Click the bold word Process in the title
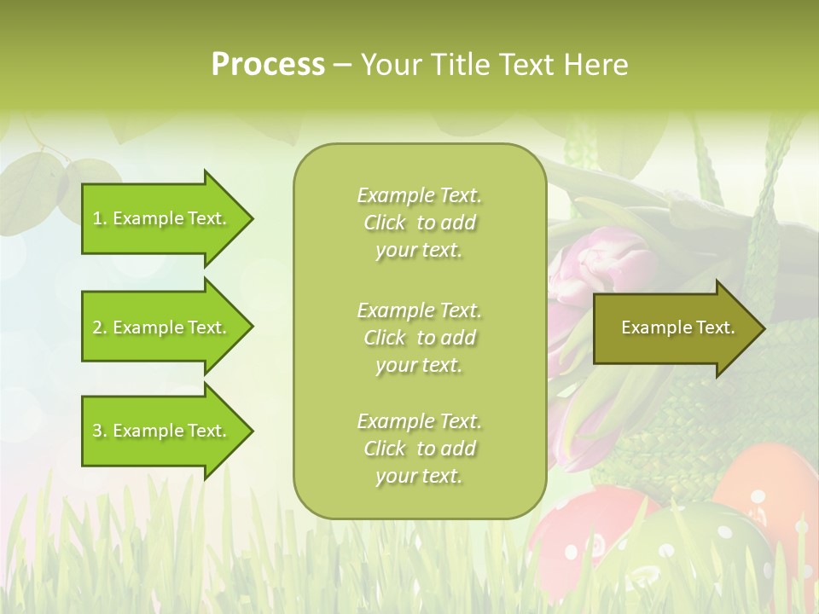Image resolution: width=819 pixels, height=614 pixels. tap(268, 65)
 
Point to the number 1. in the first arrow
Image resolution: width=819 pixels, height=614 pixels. tap(100, 218)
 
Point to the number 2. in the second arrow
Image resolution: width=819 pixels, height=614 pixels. tap(100, 327)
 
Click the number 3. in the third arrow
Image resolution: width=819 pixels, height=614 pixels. tap(100, 431)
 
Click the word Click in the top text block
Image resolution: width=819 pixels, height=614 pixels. tap(385, 223)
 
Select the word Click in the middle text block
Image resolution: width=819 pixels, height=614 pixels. tap(385, 338)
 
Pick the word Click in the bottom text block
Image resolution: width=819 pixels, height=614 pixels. tap(385, 449)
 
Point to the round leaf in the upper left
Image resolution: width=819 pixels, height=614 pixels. tap(34, 183)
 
